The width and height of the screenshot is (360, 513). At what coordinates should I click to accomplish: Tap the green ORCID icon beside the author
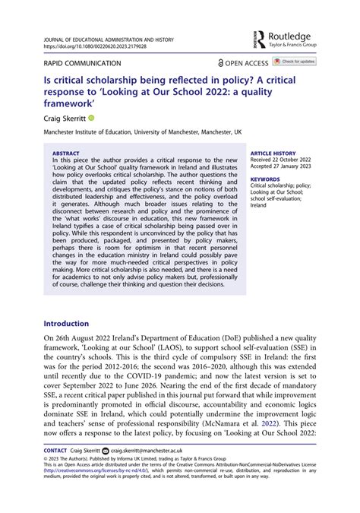91,119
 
